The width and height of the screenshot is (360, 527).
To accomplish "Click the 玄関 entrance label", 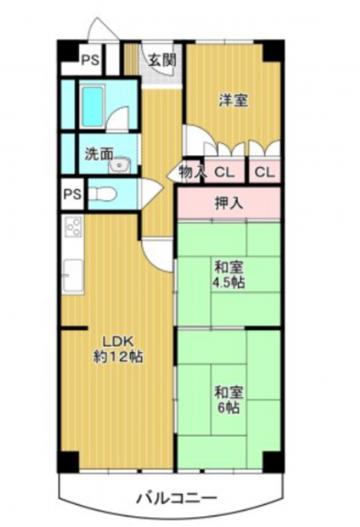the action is coord(162,61).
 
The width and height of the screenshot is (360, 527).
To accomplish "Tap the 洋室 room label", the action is coord(234,100).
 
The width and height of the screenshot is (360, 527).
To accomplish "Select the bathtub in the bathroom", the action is coord(92,106).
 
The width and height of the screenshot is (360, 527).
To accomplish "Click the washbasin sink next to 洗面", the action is coord(119,165).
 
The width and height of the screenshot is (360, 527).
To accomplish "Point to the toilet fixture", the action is coord(102,194).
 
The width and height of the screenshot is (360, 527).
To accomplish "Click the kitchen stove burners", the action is coord(74,227).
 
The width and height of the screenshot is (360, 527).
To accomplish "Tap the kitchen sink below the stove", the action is coord(73,277).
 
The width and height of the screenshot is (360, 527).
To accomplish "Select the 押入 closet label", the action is coord(229,204).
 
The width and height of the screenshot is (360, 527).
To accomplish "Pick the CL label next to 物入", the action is coord(224,173).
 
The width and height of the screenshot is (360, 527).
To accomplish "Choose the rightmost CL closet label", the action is coord(264,173).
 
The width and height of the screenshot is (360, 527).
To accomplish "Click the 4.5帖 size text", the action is coord(228,282).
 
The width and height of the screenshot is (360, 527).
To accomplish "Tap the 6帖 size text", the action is coord(228,408).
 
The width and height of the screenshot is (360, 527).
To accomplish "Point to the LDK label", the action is coord(118,342).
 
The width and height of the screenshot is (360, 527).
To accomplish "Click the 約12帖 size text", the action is coord(118,357).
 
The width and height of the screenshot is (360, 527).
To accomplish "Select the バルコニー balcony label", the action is coord(176,498).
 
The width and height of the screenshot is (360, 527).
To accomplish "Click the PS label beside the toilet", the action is coord(73,194).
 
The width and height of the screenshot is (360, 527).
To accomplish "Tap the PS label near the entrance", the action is coord(90,61).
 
